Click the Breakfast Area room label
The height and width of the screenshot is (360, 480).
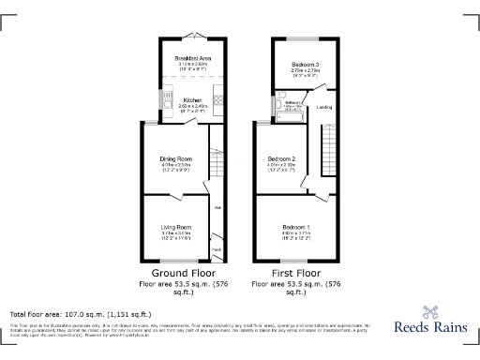pos(190,58)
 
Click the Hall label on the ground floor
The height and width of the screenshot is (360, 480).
pos(217,207)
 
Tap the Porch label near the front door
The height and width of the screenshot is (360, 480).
pos(217,250)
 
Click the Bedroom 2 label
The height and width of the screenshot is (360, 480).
pos(282,158)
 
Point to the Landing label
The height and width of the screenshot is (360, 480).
pos(324,107)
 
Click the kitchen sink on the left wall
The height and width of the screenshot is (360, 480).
pos(160,96)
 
